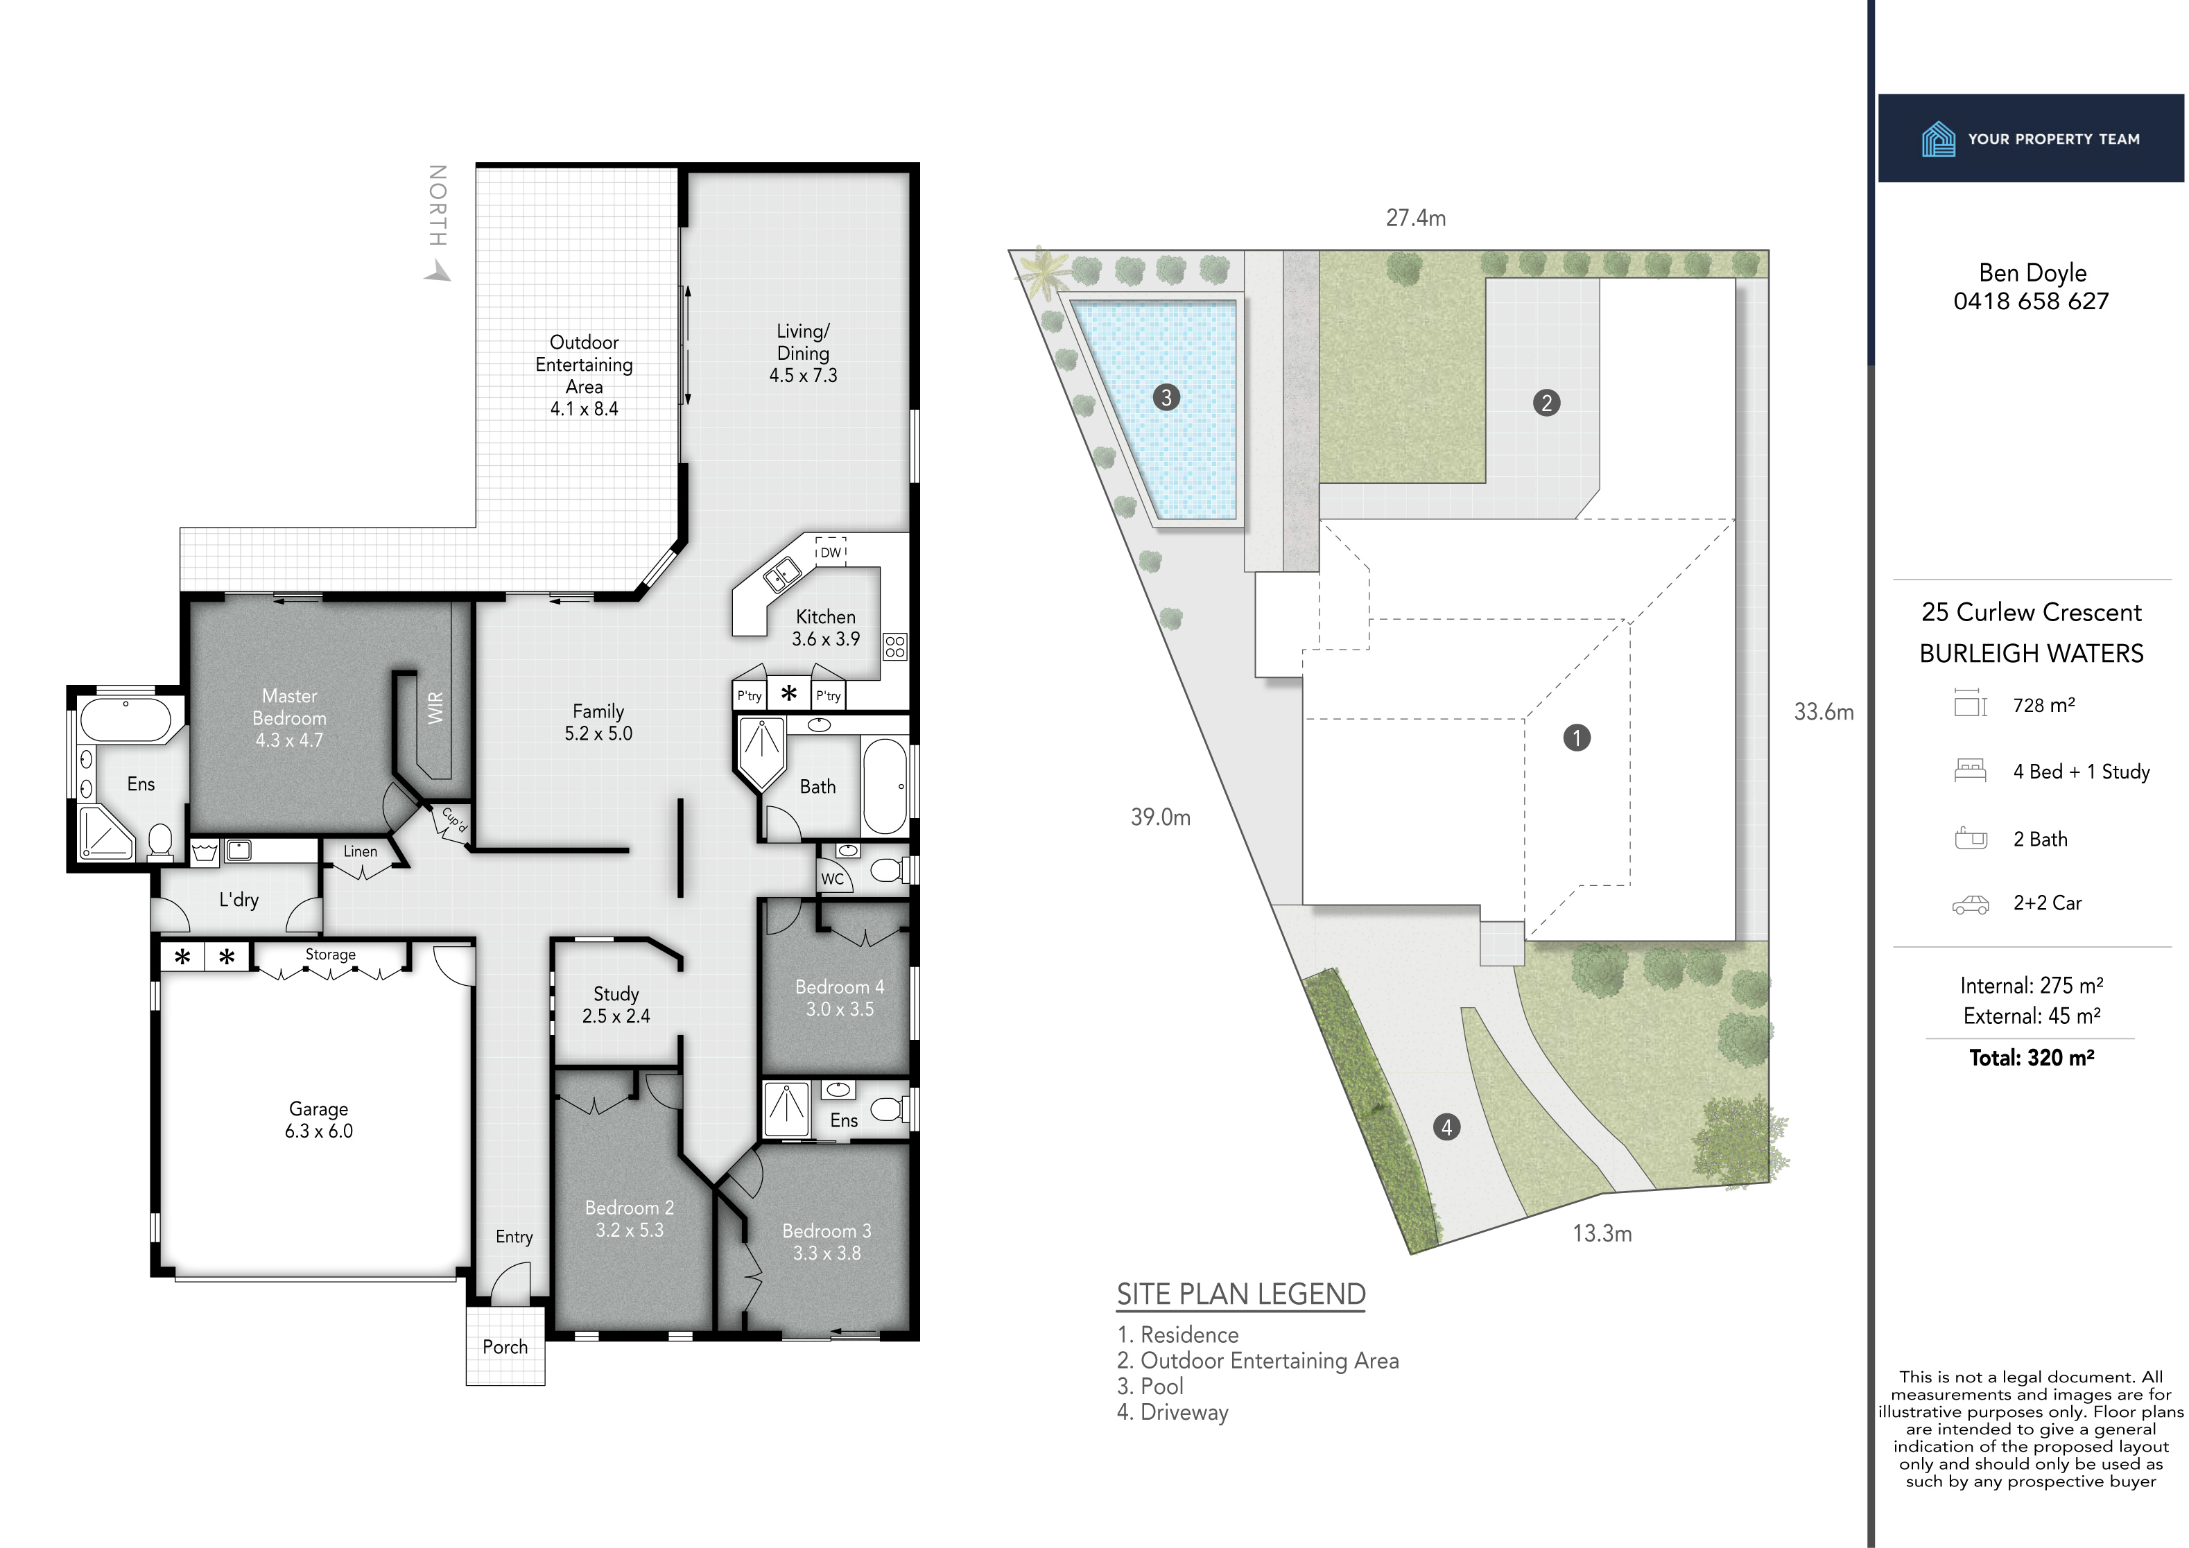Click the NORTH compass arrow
click(x=438, y=272)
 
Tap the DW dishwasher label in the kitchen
click(x=831, y=552)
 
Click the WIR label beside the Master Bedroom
click(x=435, y=707)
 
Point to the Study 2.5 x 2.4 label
click(x=616, y=1005)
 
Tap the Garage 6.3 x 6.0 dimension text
click(x=318, y=1131)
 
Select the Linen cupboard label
click(x=361, y=851)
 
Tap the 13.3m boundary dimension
click(x=1602, y=1233)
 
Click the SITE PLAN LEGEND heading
click(x=1240, y=1294)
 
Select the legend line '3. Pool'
click(x=1150, y=1386)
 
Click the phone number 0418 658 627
click(x=2031, y=301)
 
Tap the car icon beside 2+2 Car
click(x=1971, y=904)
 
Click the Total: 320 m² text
click(x=2031, y=1057)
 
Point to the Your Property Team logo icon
click(x=1938, y=139)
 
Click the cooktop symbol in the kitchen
click(x=894, y=646)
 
